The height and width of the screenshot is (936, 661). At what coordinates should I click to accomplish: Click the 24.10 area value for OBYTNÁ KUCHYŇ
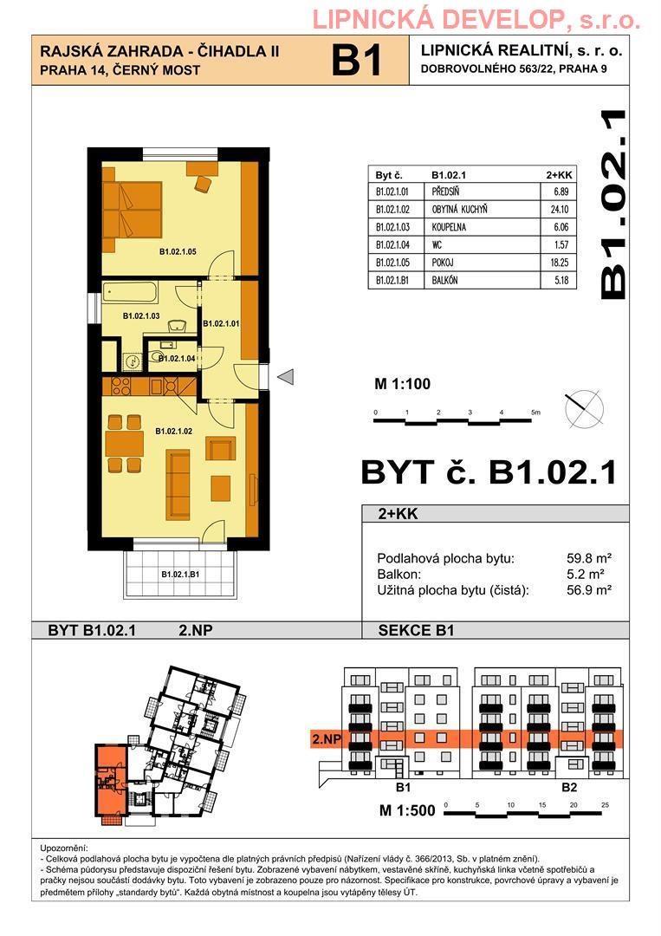[559, 210]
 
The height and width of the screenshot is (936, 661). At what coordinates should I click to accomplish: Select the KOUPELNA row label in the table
[449, 227]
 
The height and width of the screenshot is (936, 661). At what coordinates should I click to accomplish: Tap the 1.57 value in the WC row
[561, 244]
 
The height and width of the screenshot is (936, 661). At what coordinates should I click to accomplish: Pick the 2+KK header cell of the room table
[559, 175]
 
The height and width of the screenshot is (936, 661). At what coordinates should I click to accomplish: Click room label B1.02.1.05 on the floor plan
[178, 252]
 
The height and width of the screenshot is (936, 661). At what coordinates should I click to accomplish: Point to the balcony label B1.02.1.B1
[180, 575]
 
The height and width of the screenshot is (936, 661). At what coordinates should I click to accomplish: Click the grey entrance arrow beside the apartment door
[287, 377]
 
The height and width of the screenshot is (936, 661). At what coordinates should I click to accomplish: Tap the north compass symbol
[584, 409]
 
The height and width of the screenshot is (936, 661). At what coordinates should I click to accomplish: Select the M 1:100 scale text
[402, 384]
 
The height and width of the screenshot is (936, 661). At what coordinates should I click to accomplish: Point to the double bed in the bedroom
[132, 210]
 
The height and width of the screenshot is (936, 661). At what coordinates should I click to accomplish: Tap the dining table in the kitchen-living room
[124, 444]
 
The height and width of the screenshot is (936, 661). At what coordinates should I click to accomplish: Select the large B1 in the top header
[356, 61]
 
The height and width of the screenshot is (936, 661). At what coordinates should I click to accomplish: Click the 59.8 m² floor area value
[589, 559]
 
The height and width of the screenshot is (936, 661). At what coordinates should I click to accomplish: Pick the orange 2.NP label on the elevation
[327, 739]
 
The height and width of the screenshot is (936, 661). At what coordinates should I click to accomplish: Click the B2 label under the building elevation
[569, 787]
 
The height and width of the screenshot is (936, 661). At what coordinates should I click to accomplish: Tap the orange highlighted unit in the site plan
[110, 780]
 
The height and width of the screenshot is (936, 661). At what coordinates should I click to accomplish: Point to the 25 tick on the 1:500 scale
[606, 805]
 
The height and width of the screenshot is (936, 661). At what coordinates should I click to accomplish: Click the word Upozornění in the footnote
[64, 848]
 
